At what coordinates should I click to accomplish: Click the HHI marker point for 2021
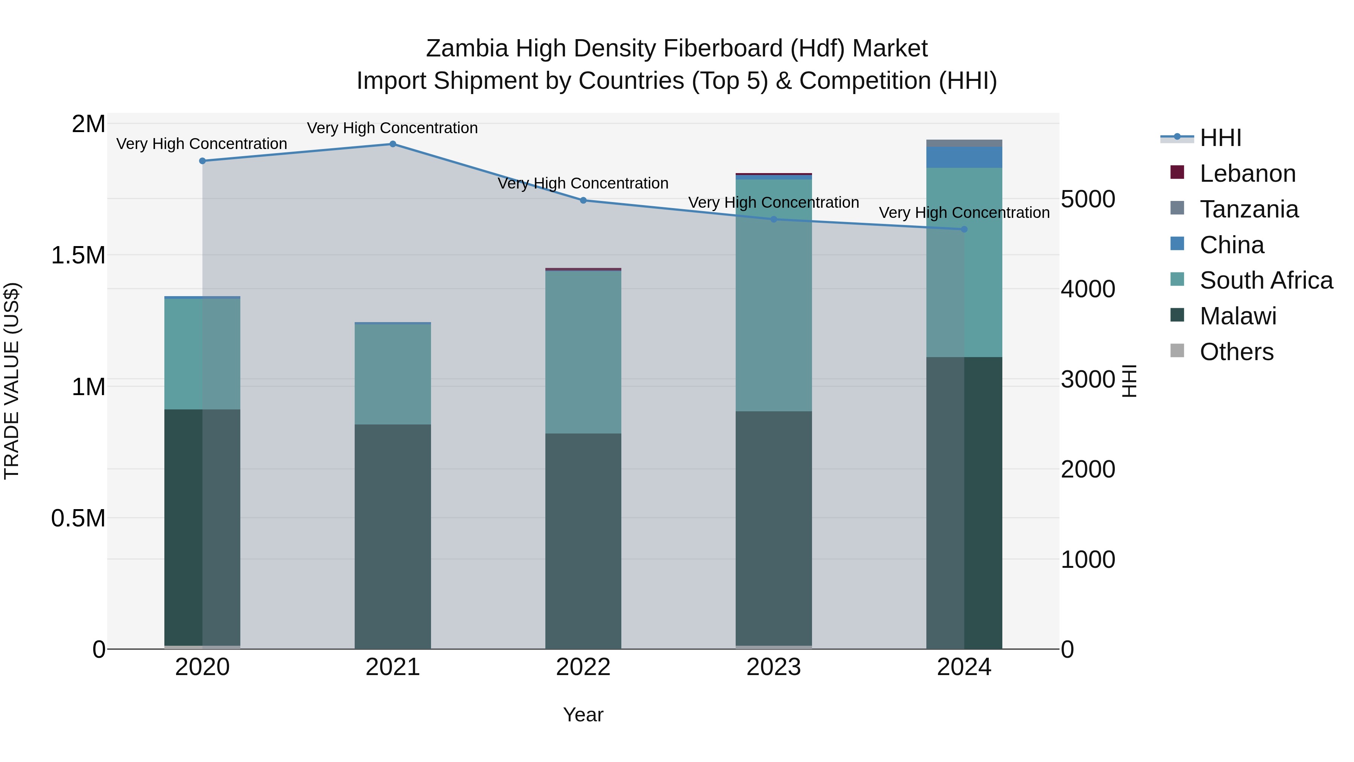coord(393,144)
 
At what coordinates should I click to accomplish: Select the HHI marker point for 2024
coord(964,229)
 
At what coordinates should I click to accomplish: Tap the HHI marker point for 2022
coord(583,200)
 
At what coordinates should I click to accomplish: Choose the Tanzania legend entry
coord(1249,209)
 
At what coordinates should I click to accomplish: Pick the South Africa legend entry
coord(1266,280)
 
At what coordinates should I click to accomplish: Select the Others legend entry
coord(1236,352)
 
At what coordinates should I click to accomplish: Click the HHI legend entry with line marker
coord(1220,138)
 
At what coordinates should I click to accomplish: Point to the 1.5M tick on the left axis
coord(78,256)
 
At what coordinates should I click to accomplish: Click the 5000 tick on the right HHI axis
coord(1087,199)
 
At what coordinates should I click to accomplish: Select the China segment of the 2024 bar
coord(964,158)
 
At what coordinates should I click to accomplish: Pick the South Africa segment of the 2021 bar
coord(393,374)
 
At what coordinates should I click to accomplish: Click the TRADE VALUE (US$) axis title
coord(12,381)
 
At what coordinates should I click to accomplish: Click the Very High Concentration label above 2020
coord(202,144)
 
